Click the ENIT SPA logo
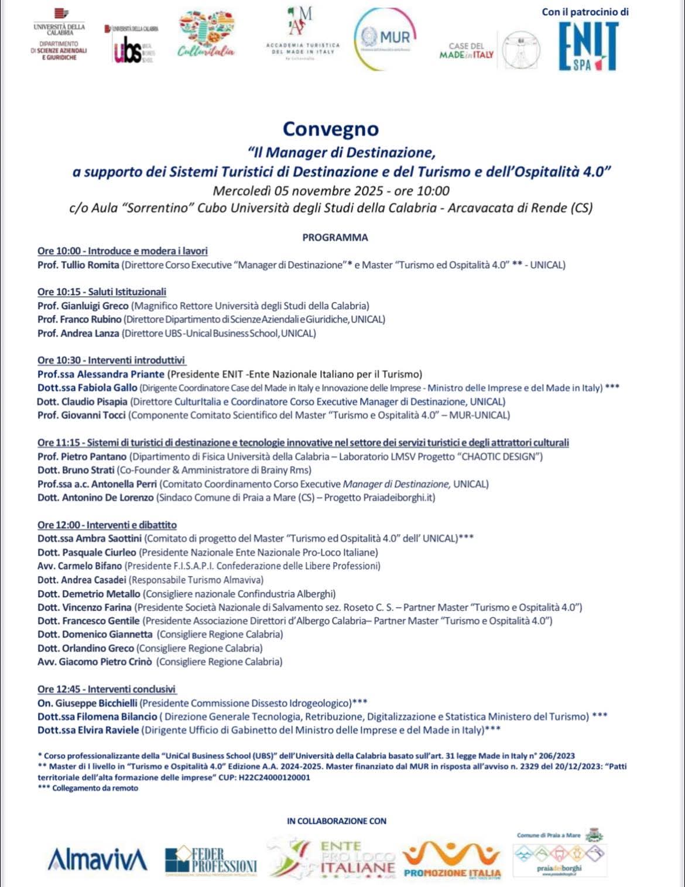tap(588, 47)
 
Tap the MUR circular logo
tap(385, 39)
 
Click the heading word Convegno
tap(331, 129)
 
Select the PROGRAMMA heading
tap(335, 238)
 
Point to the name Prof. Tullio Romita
tap(78, 265)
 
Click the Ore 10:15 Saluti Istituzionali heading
tap(102, 292)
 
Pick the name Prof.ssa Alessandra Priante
tap(101, 374)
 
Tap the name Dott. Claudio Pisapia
tap(82, 402)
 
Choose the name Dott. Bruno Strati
tap(76, 470)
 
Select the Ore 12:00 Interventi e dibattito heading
tap(107, 525)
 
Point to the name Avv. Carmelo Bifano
tap(80, 566)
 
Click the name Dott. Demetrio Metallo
tap(88, 594)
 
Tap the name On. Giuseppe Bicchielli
tap(87, 703)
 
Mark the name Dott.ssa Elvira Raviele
tap(88, 730)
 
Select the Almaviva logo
tap(97, 859)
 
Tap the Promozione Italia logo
tap(452, 861)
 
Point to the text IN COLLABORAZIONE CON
tap(337, 821)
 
